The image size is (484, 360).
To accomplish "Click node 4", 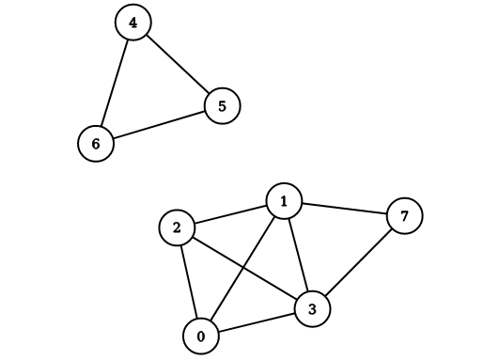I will point(133,23).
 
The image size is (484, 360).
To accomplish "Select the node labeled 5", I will point(222,105).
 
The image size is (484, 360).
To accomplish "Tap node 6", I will point(96,144).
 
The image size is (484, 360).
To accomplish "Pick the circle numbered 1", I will point(284,200).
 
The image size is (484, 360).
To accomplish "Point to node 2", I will point(178,227).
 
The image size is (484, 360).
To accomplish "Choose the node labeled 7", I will point(404,216).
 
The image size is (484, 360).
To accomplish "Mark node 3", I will point(313,308).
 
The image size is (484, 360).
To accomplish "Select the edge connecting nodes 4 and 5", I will point(178,64).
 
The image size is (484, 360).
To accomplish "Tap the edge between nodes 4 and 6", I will point(115,83).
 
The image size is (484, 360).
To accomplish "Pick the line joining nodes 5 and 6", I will point(159,125).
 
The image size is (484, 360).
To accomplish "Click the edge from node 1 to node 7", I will point(344,208).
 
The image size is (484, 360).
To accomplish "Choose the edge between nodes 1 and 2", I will point(230,214).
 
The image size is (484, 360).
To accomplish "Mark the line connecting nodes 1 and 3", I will point(298,254).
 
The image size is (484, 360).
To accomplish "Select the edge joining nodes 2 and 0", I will point(189,281).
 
